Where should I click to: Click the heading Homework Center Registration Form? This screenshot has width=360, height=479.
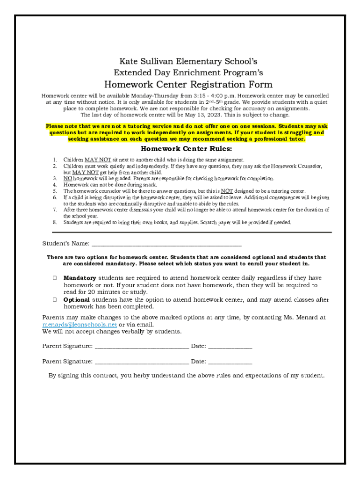coord(188,85)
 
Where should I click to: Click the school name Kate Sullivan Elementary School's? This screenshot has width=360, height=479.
coord(188,61)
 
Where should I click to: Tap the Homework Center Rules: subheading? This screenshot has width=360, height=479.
coord(186,149)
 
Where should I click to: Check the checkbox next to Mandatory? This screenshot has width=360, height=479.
coord(55,278)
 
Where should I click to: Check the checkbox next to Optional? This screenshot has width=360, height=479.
coord(55,299)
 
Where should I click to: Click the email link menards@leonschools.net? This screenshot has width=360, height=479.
coord(79,325)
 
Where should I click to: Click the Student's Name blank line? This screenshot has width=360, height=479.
coord(166,244)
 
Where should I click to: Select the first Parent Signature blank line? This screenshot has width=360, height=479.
coord(142,347)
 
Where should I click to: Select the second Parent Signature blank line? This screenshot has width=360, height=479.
coord(142,362)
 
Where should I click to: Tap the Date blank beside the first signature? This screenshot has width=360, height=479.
coord(230,347)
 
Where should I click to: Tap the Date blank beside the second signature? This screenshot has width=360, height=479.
coord(230,362)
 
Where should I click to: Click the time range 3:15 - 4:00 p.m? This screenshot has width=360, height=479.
coord(209,95)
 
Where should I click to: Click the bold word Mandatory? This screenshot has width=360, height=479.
coord(80,278)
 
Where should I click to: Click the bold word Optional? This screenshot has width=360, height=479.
coord(77,299)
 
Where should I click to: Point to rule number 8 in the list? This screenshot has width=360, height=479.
coord(55,223)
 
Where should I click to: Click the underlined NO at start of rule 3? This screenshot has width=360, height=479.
coord(68,178)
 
